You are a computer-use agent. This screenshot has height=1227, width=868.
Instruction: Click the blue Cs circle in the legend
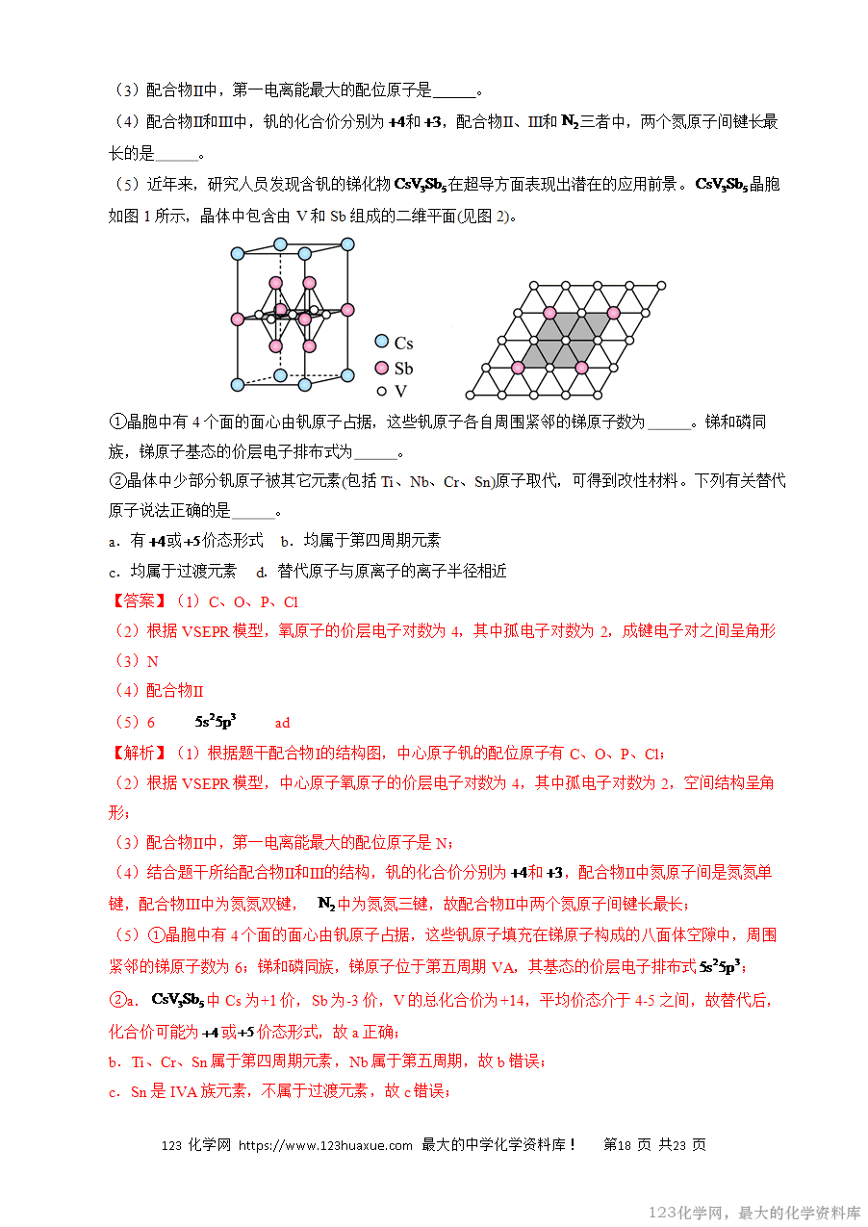pyautogui.click(x=381, y=342)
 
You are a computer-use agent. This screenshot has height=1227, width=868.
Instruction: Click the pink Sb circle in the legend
pyautogui.click(x=381, y=368)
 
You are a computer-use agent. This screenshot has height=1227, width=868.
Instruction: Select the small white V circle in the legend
pyautogui.click(x=381, y=392)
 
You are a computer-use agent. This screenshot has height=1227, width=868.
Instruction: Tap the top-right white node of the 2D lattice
pyautogui.click(x=661, y=284)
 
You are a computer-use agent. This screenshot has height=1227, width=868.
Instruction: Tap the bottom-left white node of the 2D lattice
pyautogui.click(x=470, y=395)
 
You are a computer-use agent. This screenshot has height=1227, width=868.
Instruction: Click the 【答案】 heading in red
pyautogui.click(x=139, y=601)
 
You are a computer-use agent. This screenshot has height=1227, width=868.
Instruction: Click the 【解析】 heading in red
pyautogui.click(x=139, y=753)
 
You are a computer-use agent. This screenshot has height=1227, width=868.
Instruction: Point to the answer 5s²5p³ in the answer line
pyautogui.click(x=216, y=721)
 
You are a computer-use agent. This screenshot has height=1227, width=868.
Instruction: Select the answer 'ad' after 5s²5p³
pyautogui.click(x=282, y=723)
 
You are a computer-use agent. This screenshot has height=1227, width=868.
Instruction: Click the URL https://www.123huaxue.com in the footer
pyautogui.click(x=325, y=1145)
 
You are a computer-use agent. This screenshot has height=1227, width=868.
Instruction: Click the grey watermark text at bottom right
pyautogui.click(x=754, y=1213)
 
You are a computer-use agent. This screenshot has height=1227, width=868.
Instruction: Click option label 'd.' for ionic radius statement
pyautogui.click(x=260, y=571)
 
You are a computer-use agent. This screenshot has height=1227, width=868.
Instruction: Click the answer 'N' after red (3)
pyautogui.click(x=152, y=662)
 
